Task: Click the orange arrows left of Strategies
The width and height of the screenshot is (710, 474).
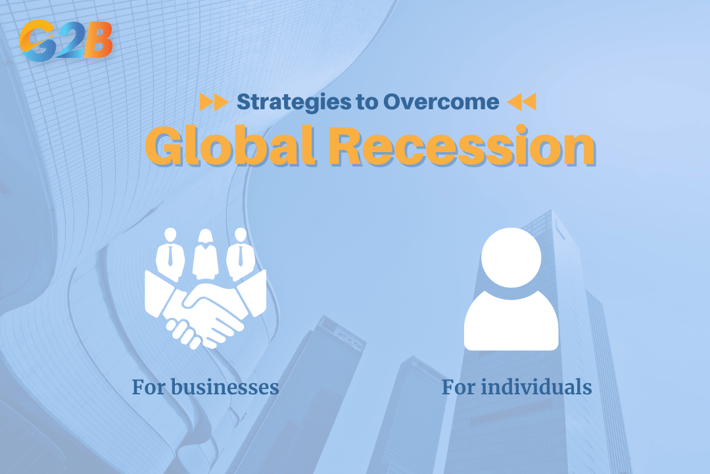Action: (x=214, y=102)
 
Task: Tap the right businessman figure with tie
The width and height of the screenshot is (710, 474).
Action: (x=241, y=253)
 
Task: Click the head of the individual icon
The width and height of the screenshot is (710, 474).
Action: (x=511, y=257)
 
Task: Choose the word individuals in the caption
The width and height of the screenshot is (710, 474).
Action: (x=537, y=386)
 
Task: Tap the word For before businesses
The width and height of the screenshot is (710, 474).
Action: (x=149, y=386)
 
